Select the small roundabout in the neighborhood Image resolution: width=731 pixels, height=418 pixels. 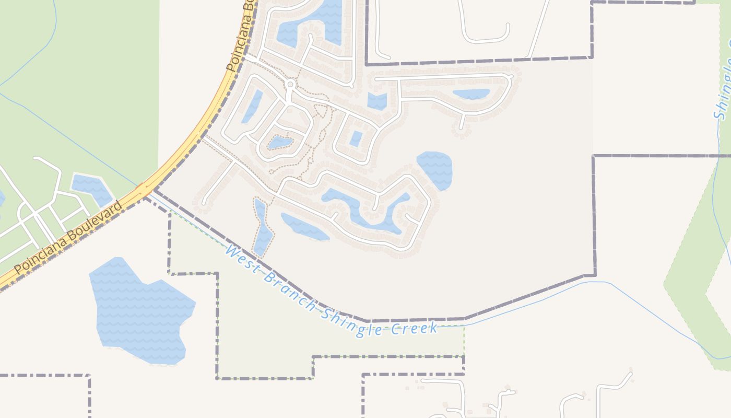tap(290, 84)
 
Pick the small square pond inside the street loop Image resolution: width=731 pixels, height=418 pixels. tap(356, 138)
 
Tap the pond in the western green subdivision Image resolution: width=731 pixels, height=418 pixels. tap(91, 189)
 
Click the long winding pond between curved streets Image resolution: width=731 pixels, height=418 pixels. tap(365, 209)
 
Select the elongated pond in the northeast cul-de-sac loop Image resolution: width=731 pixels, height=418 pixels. tap(471, 94)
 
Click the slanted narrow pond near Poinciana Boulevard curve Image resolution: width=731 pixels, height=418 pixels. tap(252, 107)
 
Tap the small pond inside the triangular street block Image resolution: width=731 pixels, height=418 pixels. tap(280, 142)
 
